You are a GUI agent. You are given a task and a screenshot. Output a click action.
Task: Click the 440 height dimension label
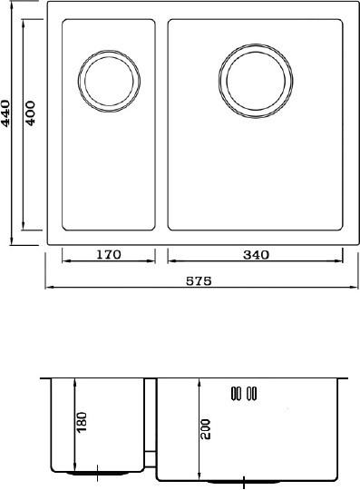[x=6, y=113]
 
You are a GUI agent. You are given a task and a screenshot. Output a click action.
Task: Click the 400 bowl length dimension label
[x=30, y=113]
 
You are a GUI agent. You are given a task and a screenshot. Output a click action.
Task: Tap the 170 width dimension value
[x=108, y=255]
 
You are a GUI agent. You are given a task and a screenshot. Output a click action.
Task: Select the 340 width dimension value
[x=256, y=255]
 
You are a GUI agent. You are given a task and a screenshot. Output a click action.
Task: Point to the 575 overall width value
[x=199, y=281]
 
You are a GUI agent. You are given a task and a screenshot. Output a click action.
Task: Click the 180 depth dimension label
[x=82, y=422]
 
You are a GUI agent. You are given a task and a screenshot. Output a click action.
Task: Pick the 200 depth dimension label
[x=206, y=429]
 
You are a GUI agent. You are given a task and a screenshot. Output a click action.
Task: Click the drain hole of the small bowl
[x=109, y=81]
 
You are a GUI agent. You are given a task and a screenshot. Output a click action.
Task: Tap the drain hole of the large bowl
[x=256, y=81]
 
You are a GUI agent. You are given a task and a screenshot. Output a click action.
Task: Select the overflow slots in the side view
[x=244, y=394]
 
